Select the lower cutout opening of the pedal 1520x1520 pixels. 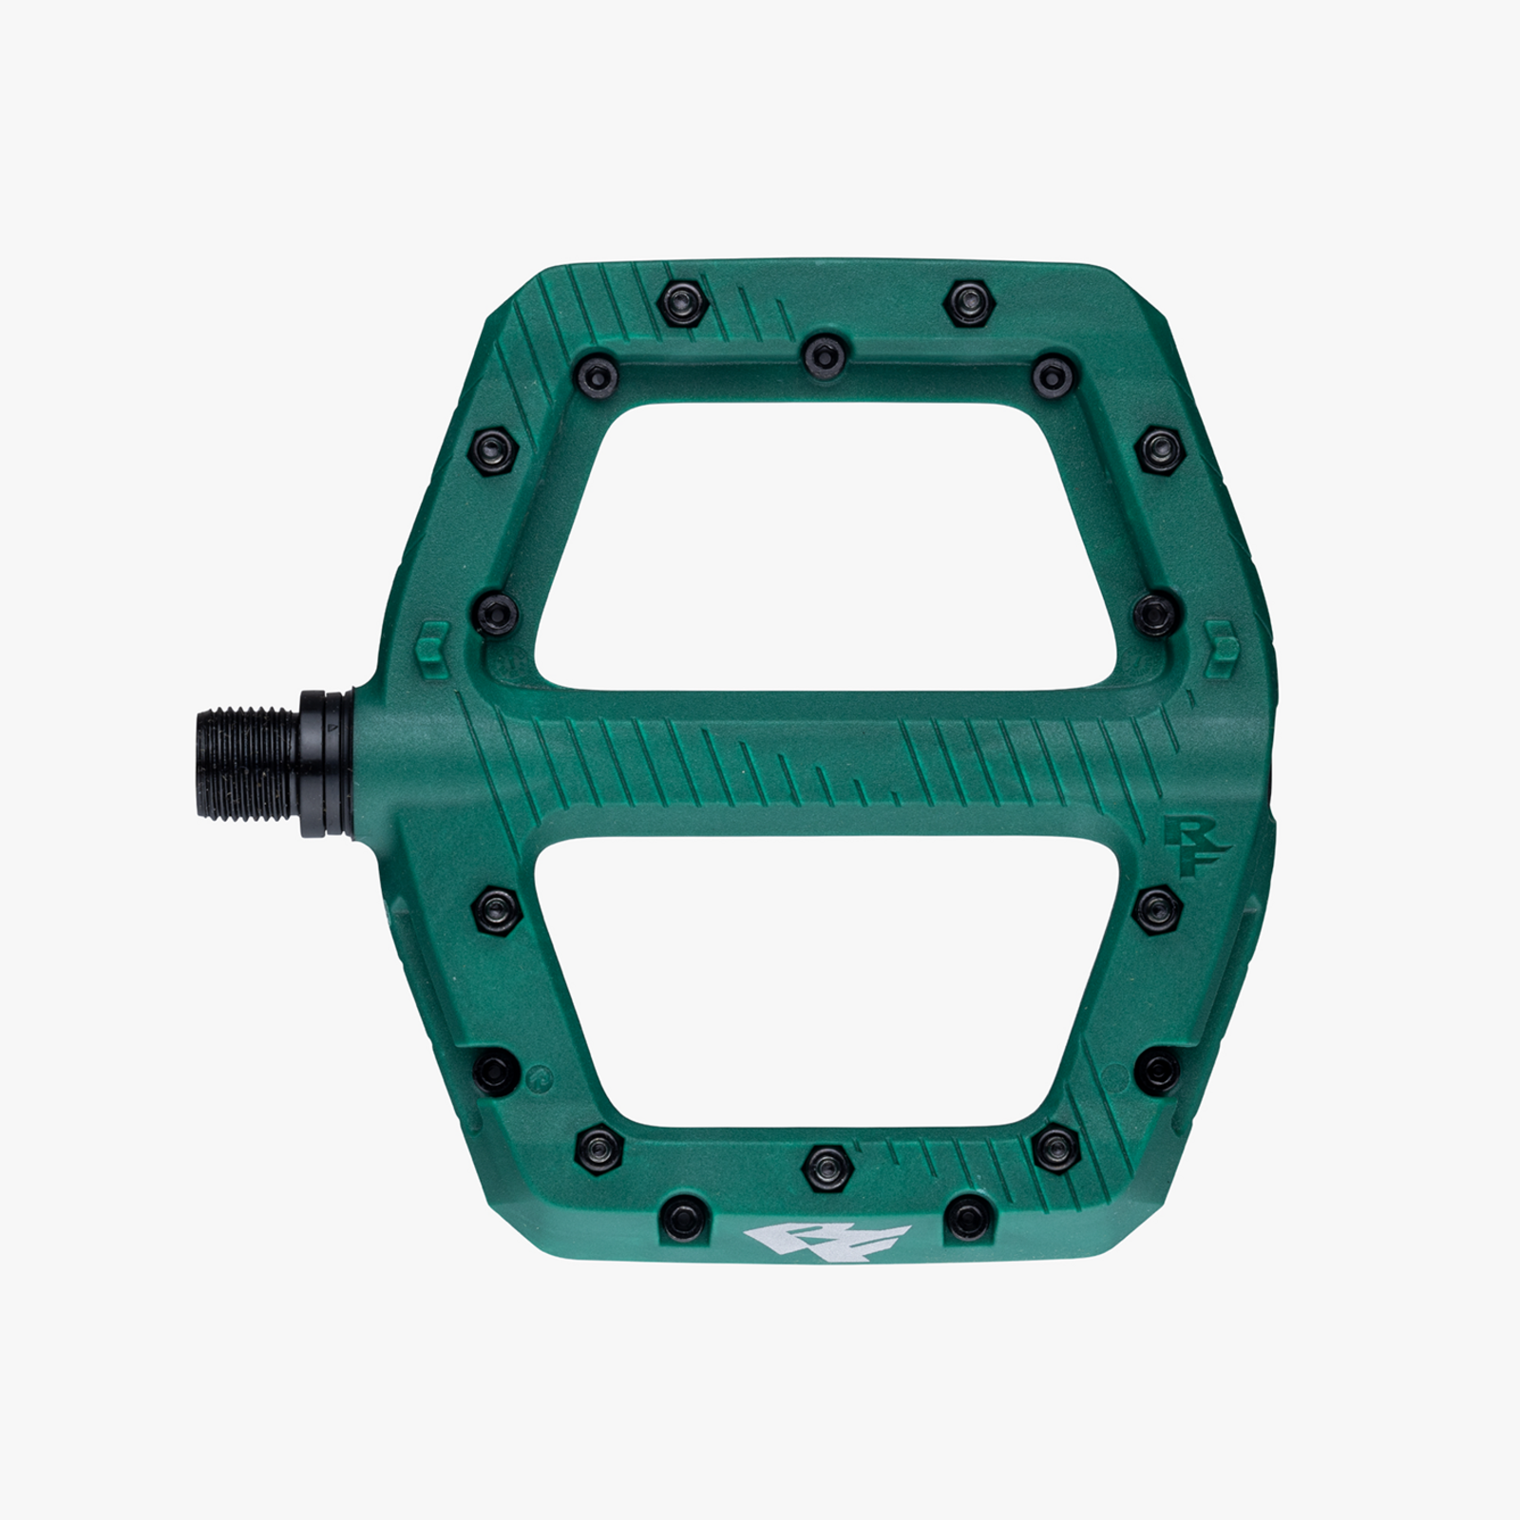825,983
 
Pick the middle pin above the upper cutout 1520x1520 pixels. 825,356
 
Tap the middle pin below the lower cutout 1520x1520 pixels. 826,1167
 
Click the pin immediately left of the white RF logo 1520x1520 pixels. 685,1218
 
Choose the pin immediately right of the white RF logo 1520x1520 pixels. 968,1218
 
